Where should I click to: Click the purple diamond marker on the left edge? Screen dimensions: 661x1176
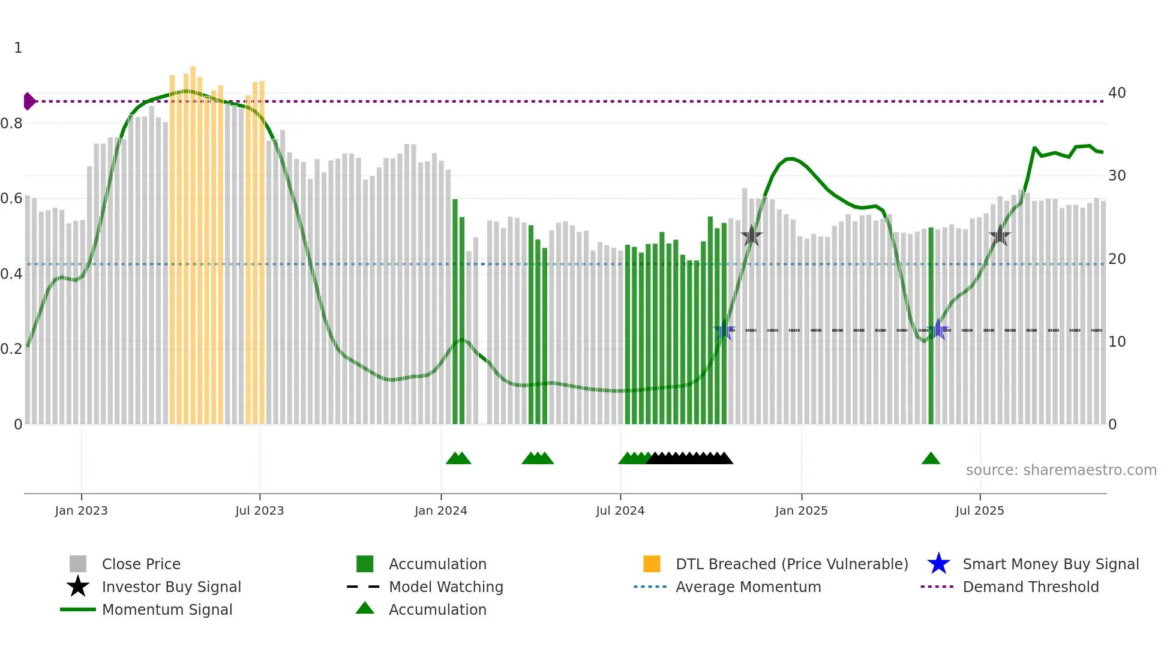[29, 101]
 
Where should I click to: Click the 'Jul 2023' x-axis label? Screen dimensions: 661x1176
[259, 510]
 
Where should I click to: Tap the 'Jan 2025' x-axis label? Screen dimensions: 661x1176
[801, 510]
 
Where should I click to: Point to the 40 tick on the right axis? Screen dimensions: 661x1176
[1117, 93]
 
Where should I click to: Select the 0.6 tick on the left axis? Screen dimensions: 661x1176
[11, 199]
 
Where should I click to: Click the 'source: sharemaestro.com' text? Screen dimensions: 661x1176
[1061, 470]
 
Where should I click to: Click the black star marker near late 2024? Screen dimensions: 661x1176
[751, 236]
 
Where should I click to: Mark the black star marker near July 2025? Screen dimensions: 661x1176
[1000, 236]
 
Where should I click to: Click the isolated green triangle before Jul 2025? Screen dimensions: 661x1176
[931, 459]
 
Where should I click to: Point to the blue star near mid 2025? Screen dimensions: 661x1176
[938, 330]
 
